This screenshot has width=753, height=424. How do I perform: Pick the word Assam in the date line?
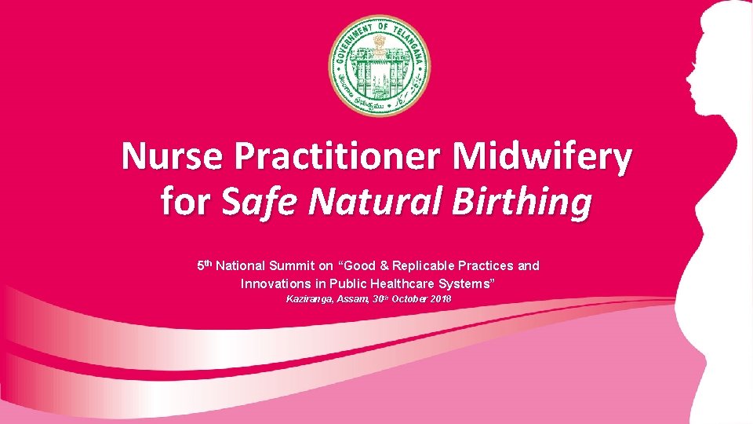(x=358, y=300)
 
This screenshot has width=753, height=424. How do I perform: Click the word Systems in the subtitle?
(x=469, y=283)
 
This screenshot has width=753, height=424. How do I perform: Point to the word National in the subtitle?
(x=242, y=266)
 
